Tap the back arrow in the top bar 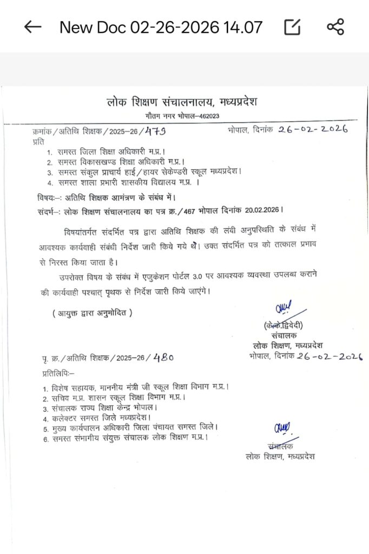coord(33,27)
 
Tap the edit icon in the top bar coord(292,27)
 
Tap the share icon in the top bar coord(335,27)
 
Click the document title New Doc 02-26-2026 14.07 coord(161,27)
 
